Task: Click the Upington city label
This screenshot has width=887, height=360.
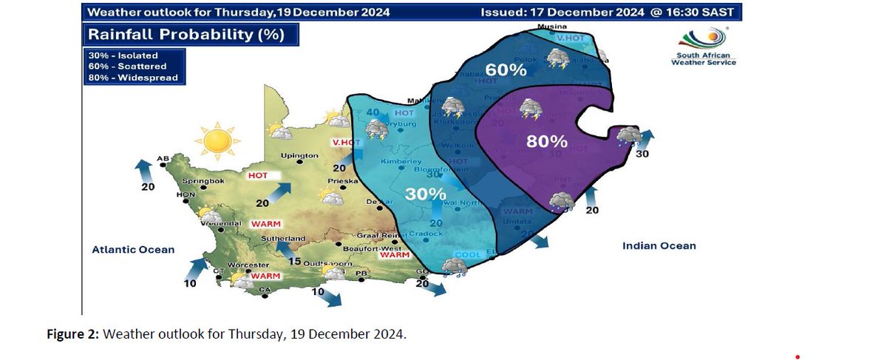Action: tap(299, 156)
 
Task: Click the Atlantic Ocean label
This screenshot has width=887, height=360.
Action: tap(133, 249)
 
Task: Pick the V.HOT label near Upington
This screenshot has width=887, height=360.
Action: tap(345, 143)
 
